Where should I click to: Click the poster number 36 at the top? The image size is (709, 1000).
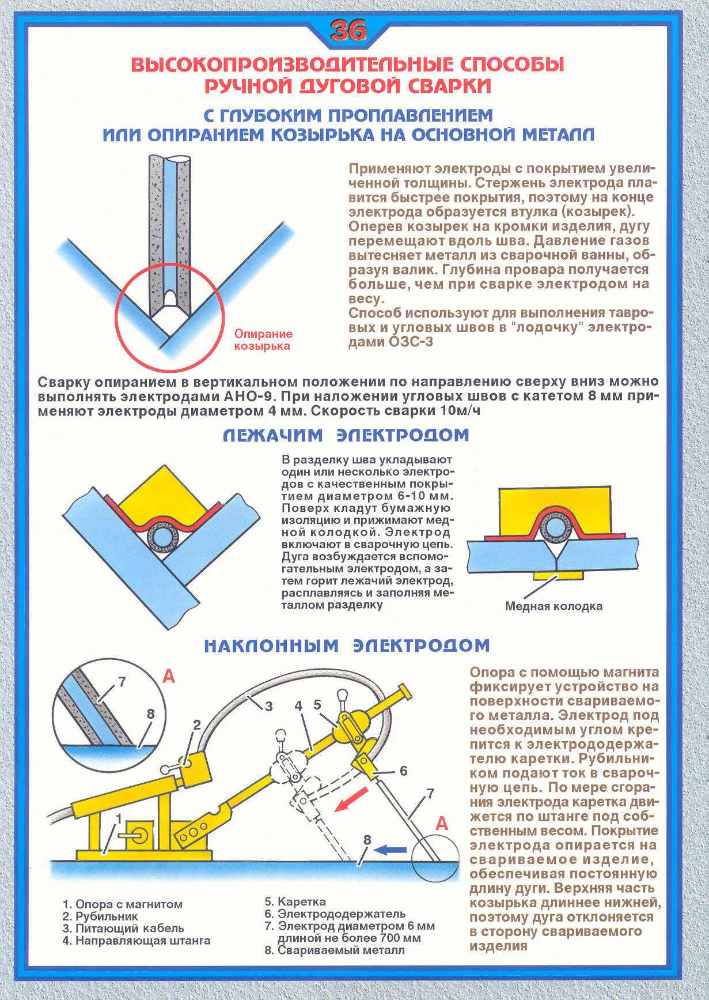coord(348,31)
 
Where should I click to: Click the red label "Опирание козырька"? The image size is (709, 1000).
coord(263,340)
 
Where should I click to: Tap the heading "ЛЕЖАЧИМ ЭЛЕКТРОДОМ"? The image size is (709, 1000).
coord(346,435)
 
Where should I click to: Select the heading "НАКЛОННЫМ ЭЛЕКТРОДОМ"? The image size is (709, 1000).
coord(347,646)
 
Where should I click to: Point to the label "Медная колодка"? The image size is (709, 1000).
coord(553,606)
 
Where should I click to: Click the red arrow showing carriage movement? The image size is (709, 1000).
coord(351,799)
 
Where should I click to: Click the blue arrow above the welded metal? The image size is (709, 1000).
coord(390,850)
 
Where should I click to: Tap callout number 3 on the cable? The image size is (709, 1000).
coord(269,705)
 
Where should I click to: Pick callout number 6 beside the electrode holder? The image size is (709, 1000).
coord(403,771)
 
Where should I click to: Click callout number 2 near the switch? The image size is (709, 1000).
coord(196,725)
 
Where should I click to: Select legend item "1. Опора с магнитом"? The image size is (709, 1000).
coord(122,904)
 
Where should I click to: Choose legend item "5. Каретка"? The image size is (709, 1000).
coord(295,901)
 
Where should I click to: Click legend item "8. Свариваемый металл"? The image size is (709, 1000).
coord(335,950)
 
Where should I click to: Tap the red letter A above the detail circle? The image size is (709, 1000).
coord(169,676)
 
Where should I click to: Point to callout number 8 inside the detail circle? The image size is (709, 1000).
coord(150,714)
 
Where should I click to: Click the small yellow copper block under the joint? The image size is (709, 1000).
coord(557,576)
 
